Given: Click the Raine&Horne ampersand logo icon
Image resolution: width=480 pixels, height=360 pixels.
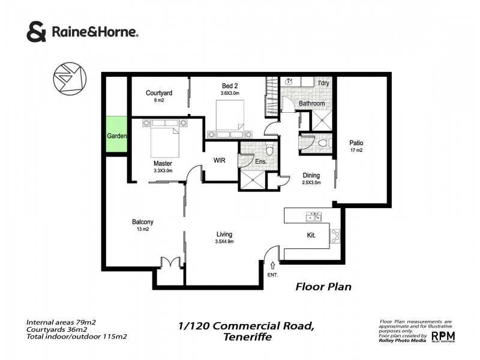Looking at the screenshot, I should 36,32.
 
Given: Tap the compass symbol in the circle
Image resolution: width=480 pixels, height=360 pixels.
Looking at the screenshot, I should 69,81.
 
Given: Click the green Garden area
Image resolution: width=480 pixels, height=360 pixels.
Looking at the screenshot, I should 116,136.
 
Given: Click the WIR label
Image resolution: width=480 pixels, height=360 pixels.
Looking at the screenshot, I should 220,160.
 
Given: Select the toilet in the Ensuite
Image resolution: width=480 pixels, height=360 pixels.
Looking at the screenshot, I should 269,149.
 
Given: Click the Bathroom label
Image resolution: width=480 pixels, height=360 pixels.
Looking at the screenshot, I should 312,103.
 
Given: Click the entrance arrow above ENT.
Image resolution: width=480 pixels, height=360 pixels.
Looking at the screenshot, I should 274,265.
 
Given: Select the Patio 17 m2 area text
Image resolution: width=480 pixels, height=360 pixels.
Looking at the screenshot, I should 356,150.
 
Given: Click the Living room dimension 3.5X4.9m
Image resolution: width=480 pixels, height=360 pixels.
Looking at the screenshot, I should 224,242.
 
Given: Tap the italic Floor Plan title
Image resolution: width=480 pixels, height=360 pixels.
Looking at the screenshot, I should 323,287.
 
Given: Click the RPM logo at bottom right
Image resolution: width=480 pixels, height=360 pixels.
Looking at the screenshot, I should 443,336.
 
